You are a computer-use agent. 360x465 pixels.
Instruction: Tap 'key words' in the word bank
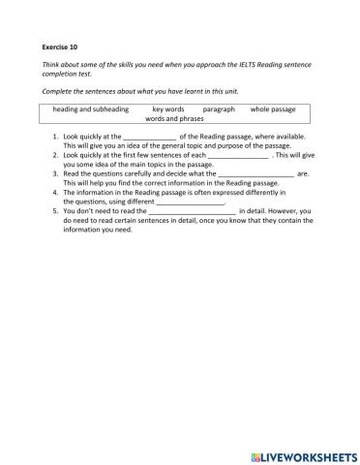click(168, 109)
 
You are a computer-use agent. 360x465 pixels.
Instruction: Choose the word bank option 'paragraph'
click(219, 109)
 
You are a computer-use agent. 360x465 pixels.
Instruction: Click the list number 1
click(55, 138)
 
